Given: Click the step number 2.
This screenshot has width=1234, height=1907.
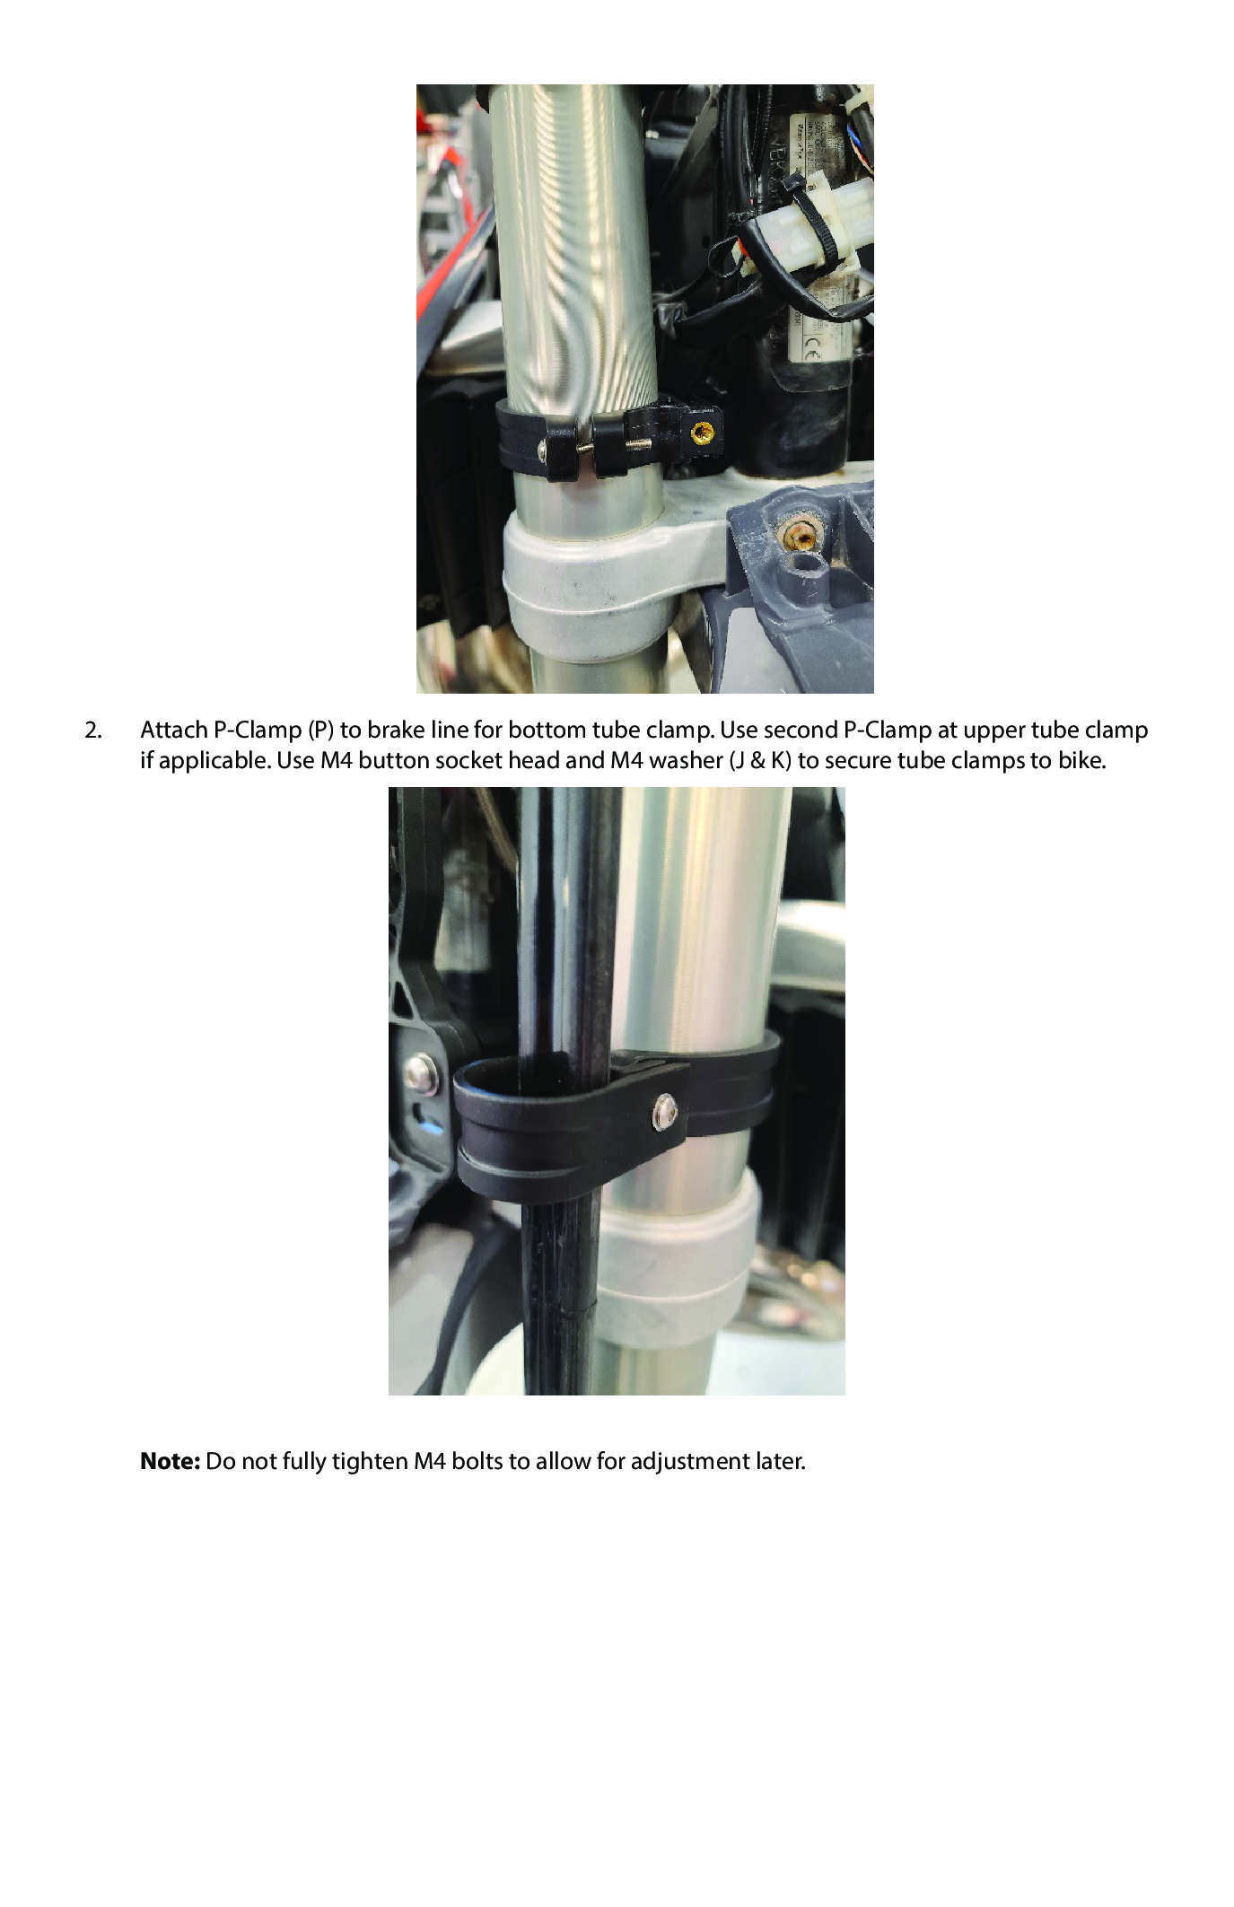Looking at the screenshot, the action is point(93,730).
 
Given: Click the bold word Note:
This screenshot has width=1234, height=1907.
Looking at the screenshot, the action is point(170,1462).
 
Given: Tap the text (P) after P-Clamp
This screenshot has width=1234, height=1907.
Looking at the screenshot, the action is point(320,730).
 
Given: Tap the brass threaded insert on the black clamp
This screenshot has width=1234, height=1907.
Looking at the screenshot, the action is point(701,434).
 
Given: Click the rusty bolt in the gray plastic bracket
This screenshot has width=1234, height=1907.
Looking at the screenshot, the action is point(799,536).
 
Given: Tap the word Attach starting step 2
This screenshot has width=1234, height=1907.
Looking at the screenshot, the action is point(173,730).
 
